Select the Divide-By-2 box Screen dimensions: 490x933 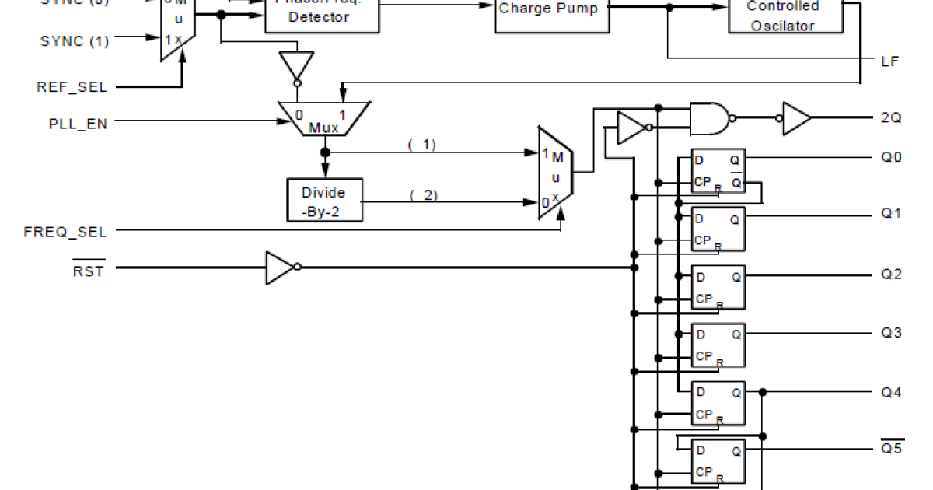pos(323,201)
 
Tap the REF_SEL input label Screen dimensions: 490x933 pos(72,86)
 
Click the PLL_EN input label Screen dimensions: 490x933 pos(77,121)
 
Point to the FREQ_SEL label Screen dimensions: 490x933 pos(65,232)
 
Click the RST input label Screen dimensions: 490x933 pos(88,271)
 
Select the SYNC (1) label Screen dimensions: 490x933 pos(75,41)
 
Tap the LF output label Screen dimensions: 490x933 pos(889,61)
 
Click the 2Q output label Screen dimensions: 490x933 pos(891,118)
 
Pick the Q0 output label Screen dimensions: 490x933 pos(891,156)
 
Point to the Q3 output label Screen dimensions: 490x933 pos(891,333)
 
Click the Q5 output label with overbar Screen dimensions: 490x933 pos(891,449)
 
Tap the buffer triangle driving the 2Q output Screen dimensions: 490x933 pos(795,117)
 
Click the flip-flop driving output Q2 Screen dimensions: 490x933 pos(718,287)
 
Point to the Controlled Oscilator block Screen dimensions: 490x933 pos(784,16)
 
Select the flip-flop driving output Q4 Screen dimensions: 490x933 pos(718,403)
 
